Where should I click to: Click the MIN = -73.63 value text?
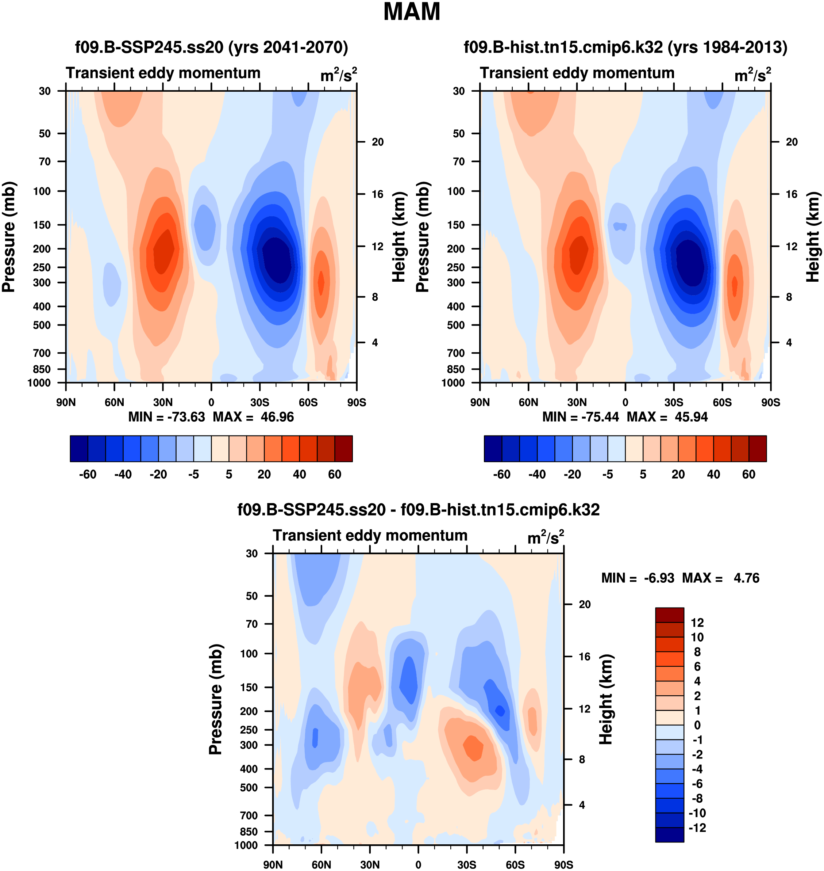tap(166, 417)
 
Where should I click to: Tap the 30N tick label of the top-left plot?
tap(163, 402)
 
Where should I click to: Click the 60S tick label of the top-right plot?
tap(722, 402)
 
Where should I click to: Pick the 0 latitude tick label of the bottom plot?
tap(418, 864)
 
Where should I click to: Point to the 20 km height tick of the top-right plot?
tap(792, 142)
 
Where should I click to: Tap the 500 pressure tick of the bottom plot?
tap(249, 787)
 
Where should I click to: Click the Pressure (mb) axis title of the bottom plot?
tap(215, 699)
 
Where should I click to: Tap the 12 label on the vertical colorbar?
tap(697, 623)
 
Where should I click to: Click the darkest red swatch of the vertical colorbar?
tap(669, 615)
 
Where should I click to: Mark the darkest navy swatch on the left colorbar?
tap(79, 449)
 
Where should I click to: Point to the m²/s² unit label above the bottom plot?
tap(545, 537)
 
